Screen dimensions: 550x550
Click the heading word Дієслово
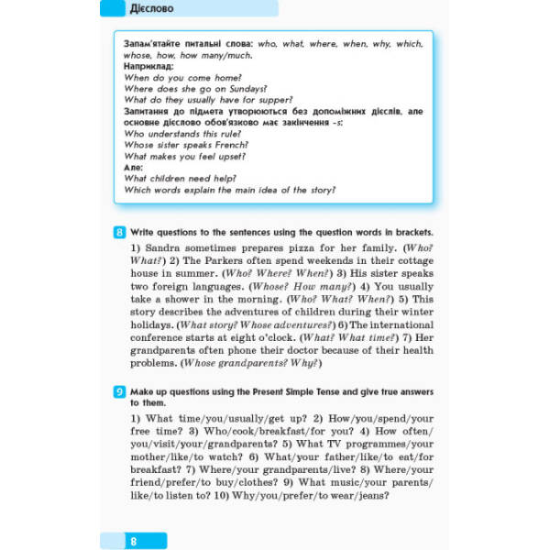(x=154, y=9)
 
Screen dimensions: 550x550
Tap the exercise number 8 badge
(x=120, y=233)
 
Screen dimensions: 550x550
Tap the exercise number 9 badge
(x=120, y=393)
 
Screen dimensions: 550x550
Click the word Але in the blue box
(x=133, y=168)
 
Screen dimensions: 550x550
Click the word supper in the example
(x=272, y=100)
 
